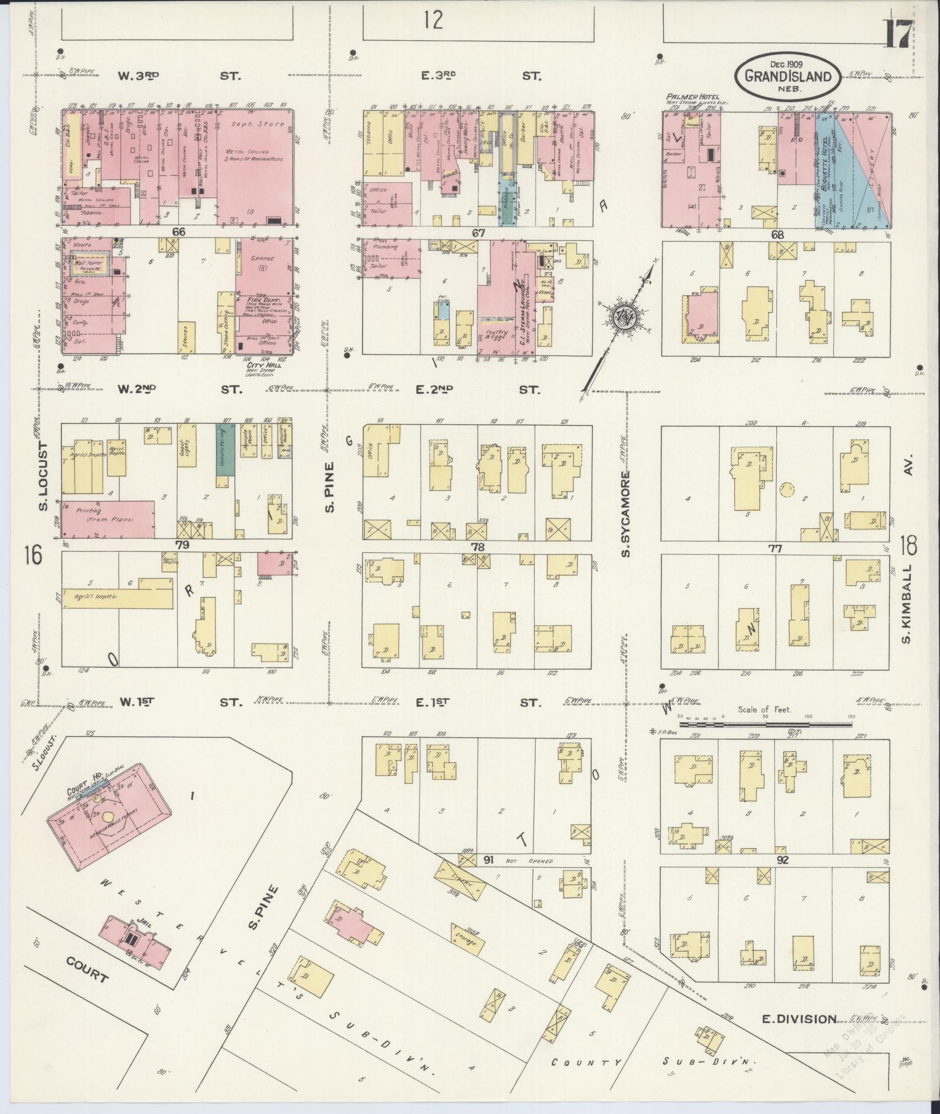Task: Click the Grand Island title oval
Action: pos(788,76)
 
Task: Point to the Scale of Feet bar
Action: pos(765,725)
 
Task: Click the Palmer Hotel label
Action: pos(693,97)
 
